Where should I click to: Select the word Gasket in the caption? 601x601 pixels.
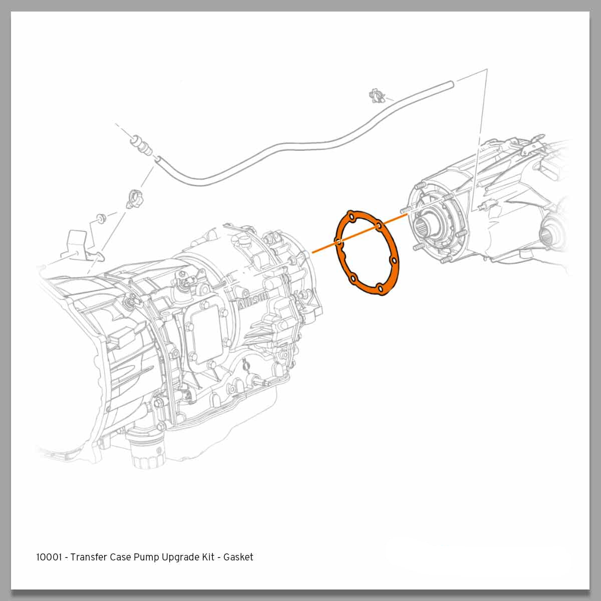pos(238,557)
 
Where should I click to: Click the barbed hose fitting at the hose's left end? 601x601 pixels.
pos(141,146)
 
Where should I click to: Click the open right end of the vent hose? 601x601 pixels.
pos(451,84)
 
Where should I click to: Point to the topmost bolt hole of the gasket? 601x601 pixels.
pos(352,217)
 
